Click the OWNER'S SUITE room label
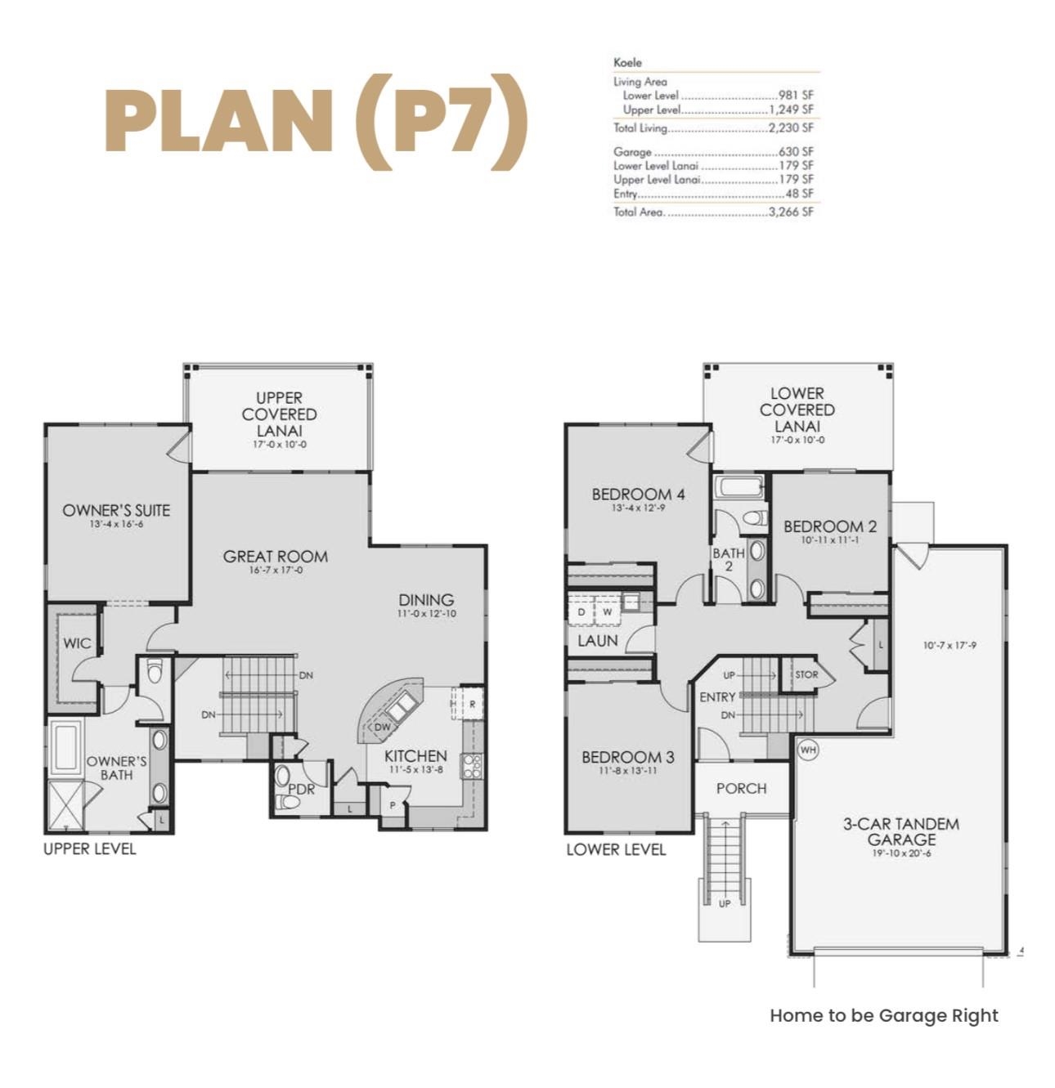(x=116, y=511)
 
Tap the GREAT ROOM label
(x=275, y=557)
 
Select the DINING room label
(x=426, y=600)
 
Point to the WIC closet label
(x=77, y=643)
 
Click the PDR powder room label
(x=301, y=790)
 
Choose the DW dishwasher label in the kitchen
(x=382, y=727)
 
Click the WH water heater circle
(x=808, y=750)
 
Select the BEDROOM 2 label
(x=829, y=527)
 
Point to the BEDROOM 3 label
(x=627, y=758)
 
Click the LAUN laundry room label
(x=597, y=641)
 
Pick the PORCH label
(x=741, y=789)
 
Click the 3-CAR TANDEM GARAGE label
(x=900, y=831)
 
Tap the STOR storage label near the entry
(x=806, y=674)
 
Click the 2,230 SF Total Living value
(x=791, y=128)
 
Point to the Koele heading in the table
(x=627, y=62)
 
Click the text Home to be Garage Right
(x=883, y=1015)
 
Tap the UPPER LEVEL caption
(x=89, y=849)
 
